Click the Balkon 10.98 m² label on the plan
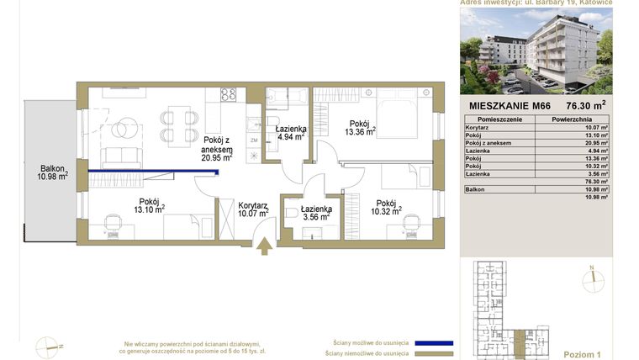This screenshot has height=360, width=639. coord(52,172)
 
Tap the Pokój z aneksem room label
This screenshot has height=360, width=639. coord(217,148)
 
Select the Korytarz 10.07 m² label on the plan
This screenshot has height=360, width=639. coord(253,209)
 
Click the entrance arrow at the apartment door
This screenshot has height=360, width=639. coord(264,245)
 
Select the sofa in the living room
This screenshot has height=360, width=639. coord(122,156)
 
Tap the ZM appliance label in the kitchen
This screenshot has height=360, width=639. coord(253,140)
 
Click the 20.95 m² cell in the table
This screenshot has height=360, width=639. coord(593,143)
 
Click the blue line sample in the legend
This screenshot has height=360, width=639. coord(428,343)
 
